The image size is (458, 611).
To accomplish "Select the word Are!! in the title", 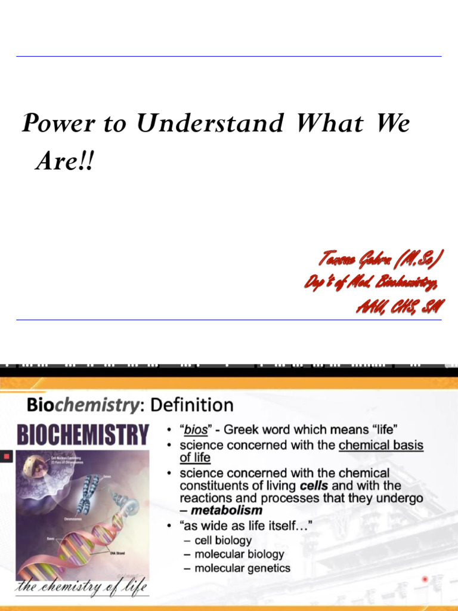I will pos(64,161).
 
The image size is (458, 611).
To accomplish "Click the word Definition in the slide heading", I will pos(191,406).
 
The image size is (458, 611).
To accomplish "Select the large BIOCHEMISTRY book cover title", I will pos(83,434).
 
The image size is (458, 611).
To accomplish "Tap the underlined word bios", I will pos(195,430).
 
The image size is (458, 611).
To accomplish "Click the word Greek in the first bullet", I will pos(244,430).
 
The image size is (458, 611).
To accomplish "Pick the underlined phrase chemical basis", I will pos(381,445).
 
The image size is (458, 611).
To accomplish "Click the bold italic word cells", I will pos(314,486).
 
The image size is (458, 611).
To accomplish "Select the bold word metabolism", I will pos(227,511).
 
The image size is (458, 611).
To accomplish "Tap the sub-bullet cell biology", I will pos(223,540).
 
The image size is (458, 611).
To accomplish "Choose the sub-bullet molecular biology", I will pos(239,554).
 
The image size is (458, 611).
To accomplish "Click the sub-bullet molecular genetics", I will pos(242,568).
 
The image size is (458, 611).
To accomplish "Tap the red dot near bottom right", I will pos(425,579).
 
